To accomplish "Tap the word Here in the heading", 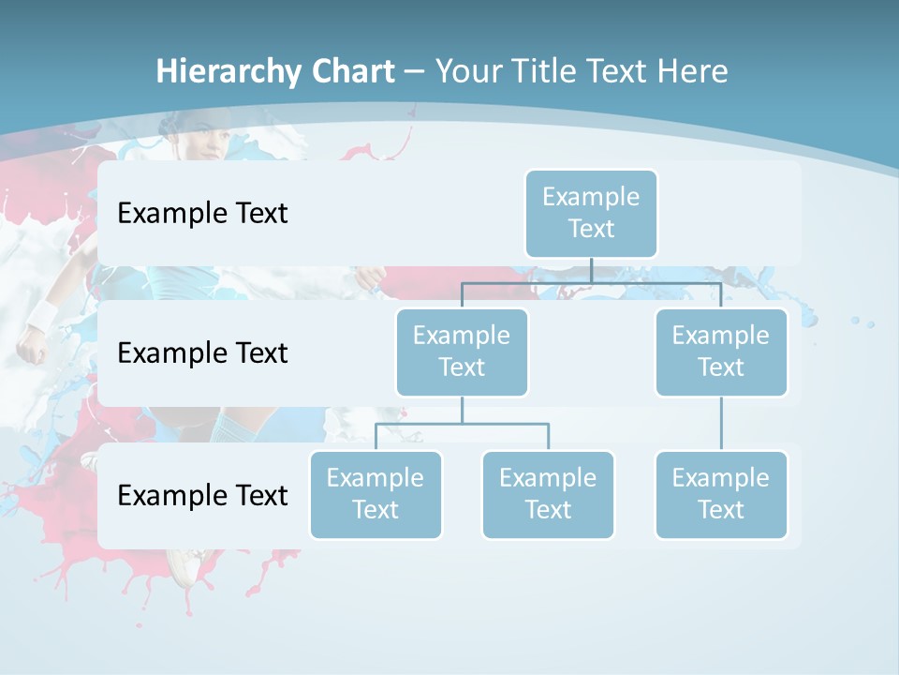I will [x=692, y=72].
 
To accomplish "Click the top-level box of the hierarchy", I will [x=591, y=213].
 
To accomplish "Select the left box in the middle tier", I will [x=462, y=352].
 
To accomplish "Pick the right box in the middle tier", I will [x=721, y=352].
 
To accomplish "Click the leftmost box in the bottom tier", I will [x=376, y=494].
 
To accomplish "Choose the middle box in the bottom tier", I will [x=548, y=494].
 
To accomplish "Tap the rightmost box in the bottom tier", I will [x=721, y=494].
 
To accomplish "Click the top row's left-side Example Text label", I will [x=202, y=214].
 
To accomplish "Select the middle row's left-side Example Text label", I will [x=202, y=353].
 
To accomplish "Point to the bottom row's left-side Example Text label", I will [x=202, y=495].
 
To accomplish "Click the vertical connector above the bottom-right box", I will [x=721, y=424].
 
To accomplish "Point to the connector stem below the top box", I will [x=591, y=270].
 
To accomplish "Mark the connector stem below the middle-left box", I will [x=462, y=410].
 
